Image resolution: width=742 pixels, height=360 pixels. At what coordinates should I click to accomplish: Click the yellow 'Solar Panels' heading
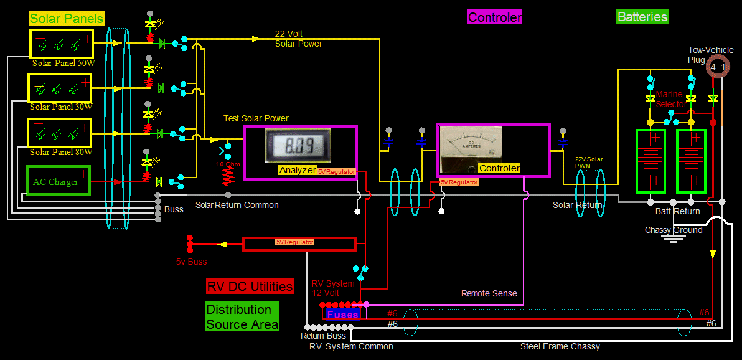coord(66,19)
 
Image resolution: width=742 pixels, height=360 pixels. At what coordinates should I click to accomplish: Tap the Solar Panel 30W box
coord(60,87)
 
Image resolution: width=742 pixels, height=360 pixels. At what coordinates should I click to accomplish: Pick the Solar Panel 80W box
coord(60,133)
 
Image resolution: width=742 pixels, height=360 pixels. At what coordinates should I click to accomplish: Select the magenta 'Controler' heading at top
coord(495,17)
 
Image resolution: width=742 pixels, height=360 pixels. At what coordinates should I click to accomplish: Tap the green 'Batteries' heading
coord(642,17)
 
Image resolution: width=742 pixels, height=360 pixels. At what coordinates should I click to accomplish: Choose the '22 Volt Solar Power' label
coord(298,39)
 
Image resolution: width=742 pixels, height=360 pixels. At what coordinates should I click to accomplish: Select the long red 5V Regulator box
coord(299,243)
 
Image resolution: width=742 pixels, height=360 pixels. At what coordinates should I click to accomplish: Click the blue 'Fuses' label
coord(342,315)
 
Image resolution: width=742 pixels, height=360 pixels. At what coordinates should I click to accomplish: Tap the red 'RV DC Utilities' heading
coord(250,286)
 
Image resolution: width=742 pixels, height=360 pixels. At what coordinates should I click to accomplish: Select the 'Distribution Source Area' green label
coord(242,317)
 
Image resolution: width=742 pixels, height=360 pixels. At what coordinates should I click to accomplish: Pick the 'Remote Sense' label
coord(489,293)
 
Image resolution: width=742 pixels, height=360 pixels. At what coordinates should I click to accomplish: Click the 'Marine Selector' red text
coord(670,99)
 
